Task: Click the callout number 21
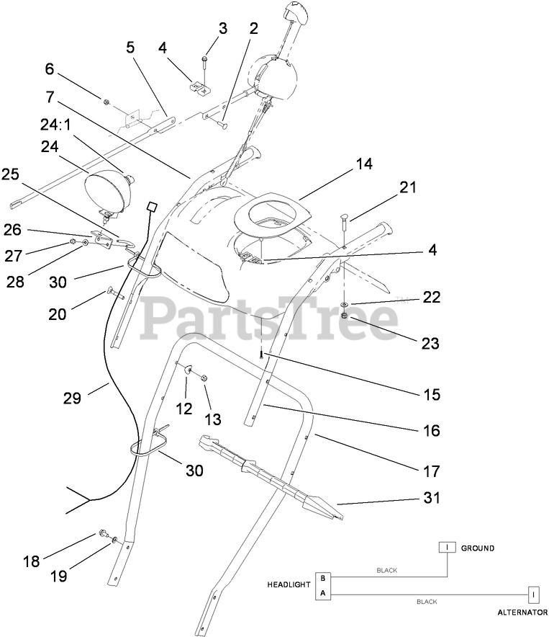click(x=408, y=187)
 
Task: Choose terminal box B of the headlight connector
click(x=323, y=578)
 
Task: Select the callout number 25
click(x=11, y=174)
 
